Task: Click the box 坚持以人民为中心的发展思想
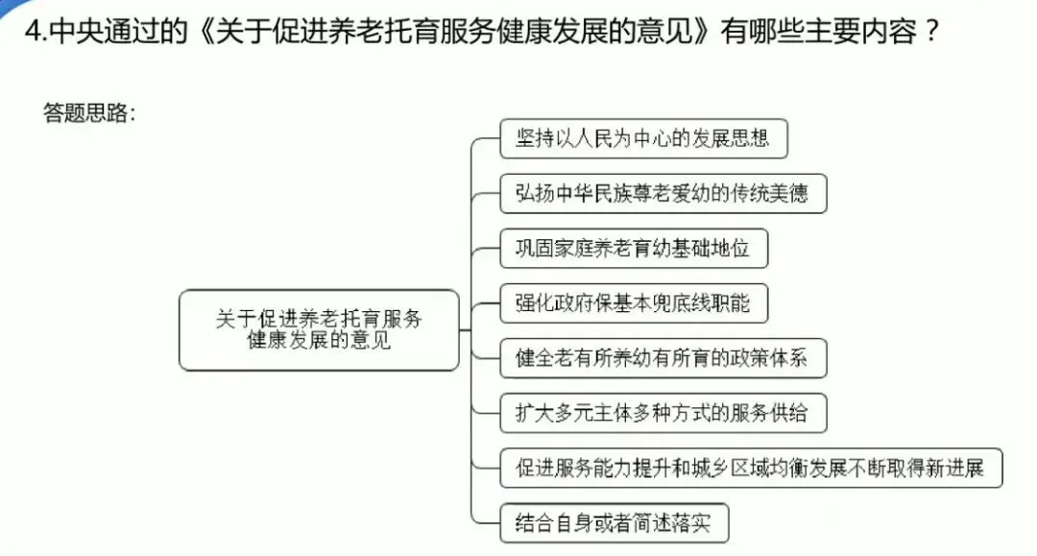tap(643, 139)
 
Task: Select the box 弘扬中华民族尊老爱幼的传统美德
tap(663, 194)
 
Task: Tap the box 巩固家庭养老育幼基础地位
tap(634, 250)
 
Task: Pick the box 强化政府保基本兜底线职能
tap(634, 304)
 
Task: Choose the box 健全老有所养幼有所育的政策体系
tap(663, 359)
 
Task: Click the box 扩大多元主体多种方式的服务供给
tap(663, 414)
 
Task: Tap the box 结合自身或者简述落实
tap(615, 523)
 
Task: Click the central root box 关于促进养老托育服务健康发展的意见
tap(319, 329)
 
